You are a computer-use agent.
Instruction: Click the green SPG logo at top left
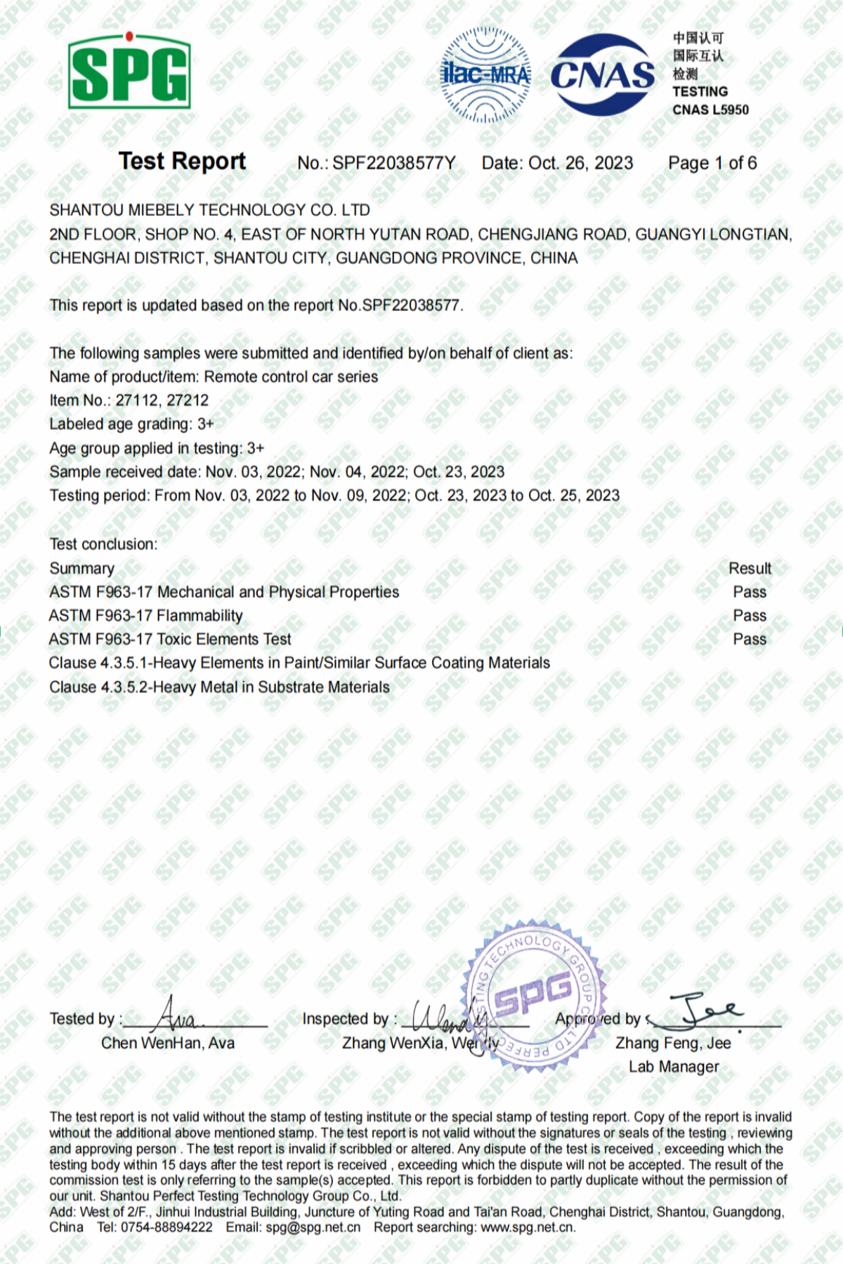point(129,71)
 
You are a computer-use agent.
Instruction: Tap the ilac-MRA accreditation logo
point(485,74)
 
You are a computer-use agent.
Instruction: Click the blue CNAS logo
point(602,74)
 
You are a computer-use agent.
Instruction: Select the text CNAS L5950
point(710,110)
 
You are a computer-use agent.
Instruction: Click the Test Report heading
point(182,162)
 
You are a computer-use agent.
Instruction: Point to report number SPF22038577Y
point(393,164)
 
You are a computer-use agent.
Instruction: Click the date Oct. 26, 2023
point(580,164)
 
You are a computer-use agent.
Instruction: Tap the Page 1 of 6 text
point(712,164)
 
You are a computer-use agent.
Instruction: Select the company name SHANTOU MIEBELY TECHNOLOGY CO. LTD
point(209,210)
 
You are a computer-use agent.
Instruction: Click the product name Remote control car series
point(291,376)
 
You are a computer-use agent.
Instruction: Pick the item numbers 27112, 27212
point(162,400)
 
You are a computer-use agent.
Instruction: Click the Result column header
point(750,568)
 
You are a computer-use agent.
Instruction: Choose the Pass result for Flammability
point(750,616)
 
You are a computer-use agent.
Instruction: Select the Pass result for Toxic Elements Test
point(750,639)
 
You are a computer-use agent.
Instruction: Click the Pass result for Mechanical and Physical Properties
point(750,592)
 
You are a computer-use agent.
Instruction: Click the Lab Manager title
point(674,1067)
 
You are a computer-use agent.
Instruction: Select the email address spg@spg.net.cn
point(313,1227)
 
